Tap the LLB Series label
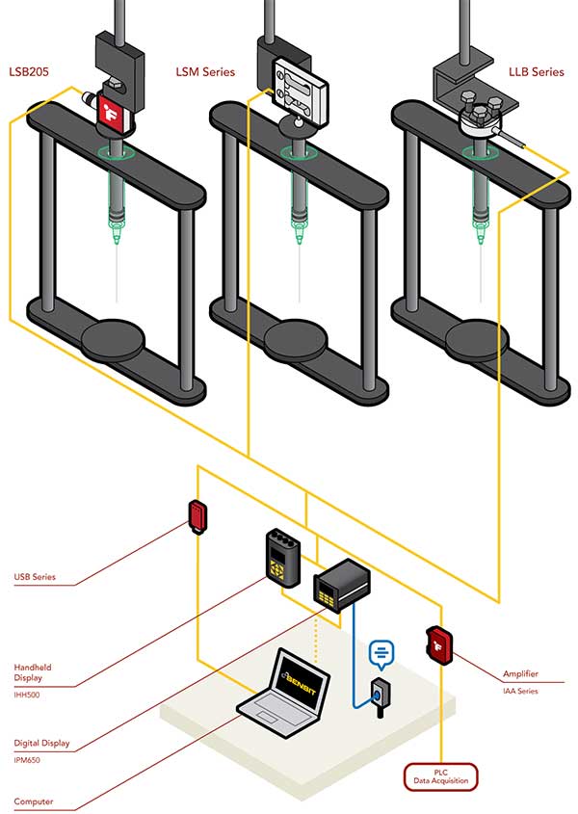tap(536, 71)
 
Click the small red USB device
tap(198, 515)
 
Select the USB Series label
tap(35, 577)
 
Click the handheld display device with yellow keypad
tap(282, 560)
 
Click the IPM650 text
tap(31, 758)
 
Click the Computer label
tap(34, 801)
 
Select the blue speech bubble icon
tap(381, 654)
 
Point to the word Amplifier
tap(520, 674)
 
